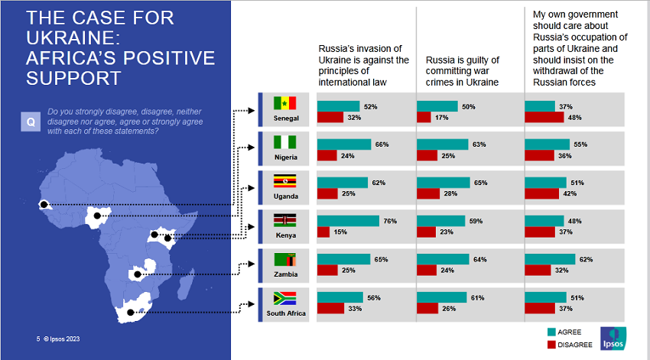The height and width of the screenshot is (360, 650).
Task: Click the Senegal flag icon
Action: pos(284,102)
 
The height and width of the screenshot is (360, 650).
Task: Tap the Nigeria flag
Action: pos(284,142)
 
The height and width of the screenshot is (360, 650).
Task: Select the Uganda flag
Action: pos(284,181)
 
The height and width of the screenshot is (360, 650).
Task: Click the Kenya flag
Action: pos(284,220)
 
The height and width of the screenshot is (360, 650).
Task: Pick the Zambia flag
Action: pos(284,259)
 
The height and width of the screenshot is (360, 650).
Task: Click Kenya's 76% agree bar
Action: pos(348,221)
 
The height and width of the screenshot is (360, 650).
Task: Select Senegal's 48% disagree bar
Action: pos(544,117)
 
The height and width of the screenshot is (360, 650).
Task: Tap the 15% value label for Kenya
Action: pos(339,232)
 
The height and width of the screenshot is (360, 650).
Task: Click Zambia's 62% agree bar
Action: pos(550,259)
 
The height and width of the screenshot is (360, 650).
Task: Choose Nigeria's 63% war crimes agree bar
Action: pos(442,144)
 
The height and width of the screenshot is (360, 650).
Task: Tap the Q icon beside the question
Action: pos(31,121)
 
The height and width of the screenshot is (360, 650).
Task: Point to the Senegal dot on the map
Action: pos(44,204)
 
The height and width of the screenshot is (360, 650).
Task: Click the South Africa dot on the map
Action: pos(129,312)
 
